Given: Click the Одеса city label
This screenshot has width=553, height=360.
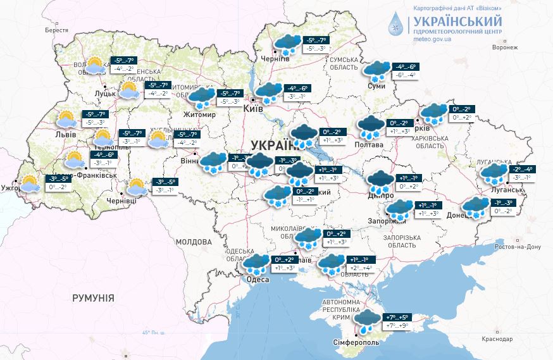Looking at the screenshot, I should click(258, 279).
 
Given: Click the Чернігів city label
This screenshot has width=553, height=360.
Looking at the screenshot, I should click(276, 58).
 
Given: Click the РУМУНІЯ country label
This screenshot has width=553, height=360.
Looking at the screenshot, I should click(93, 297).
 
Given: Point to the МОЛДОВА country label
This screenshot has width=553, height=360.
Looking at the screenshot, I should click(194, 242).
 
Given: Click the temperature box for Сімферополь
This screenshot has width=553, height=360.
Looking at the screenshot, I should click(395, 321).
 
